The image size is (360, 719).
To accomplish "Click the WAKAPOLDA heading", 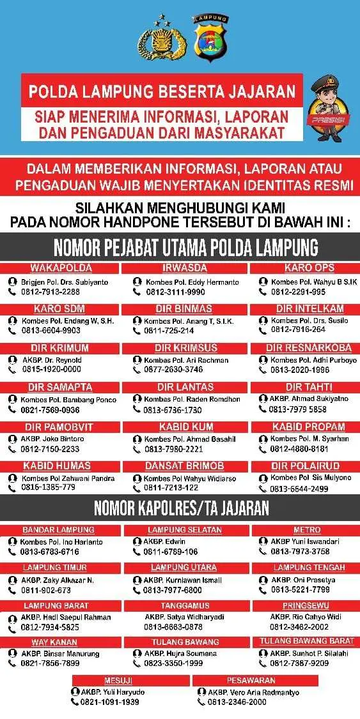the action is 61,268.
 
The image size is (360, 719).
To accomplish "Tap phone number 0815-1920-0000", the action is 51,369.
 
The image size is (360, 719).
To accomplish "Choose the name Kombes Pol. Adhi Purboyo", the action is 309,360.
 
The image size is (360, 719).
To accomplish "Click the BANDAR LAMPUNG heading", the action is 58,530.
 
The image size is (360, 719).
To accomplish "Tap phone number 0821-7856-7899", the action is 52,663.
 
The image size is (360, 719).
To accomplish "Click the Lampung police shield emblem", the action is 210,38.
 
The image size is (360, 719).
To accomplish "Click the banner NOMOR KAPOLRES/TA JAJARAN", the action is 180,508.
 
